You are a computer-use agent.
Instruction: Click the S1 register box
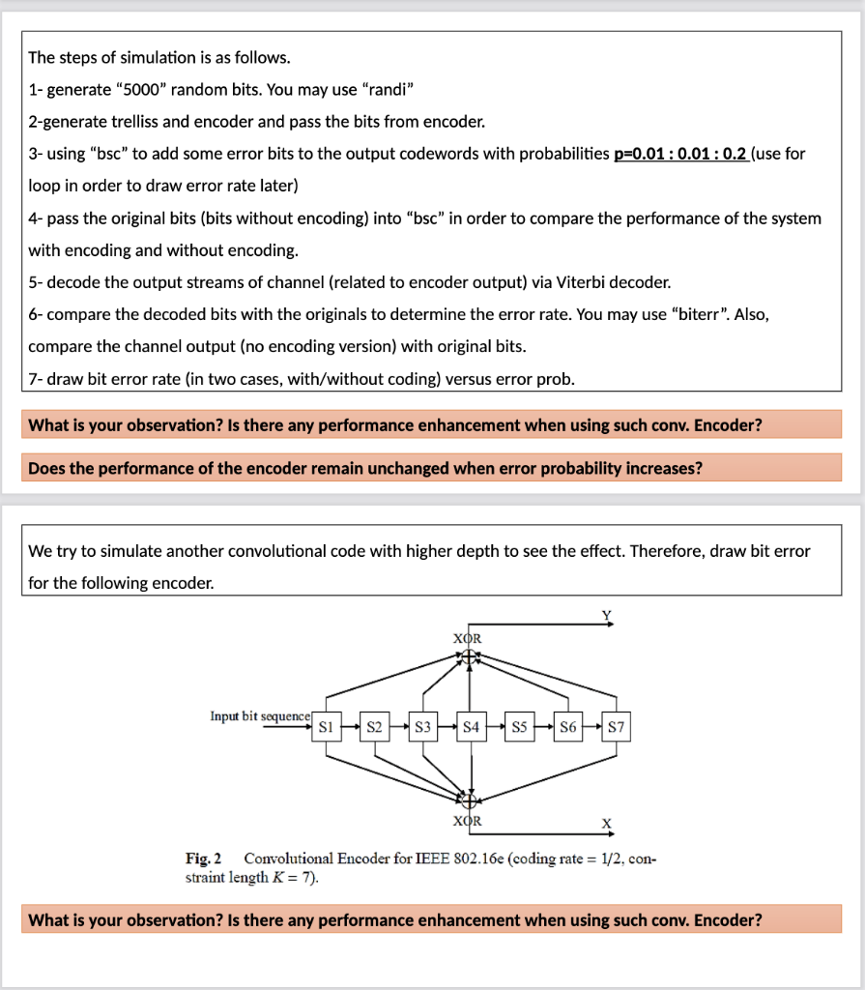coord(326,726)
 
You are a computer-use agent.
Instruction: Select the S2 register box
coord(374,726)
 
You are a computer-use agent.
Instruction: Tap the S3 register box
coord(422,726)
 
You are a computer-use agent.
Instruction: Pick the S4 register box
coord(471,726)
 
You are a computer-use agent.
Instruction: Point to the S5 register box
coord(519,726)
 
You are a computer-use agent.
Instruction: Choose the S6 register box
coord(567,726)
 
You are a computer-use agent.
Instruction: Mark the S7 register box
coord(616,726)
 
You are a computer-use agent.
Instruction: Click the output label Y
coord(607,615)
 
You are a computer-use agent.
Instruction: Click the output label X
coord(607,825)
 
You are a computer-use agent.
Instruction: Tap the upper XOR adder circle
coord(470,656)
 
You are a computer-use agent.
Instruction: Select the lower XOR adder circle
coord(469,800)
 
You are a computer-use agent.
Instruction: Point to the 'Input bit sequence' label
coord(260,716)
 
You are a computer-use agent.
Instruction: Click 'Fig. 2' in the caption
coord(203,859)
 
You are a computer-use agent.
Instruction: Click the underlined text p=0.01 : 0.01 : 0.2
coord(680,154)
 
